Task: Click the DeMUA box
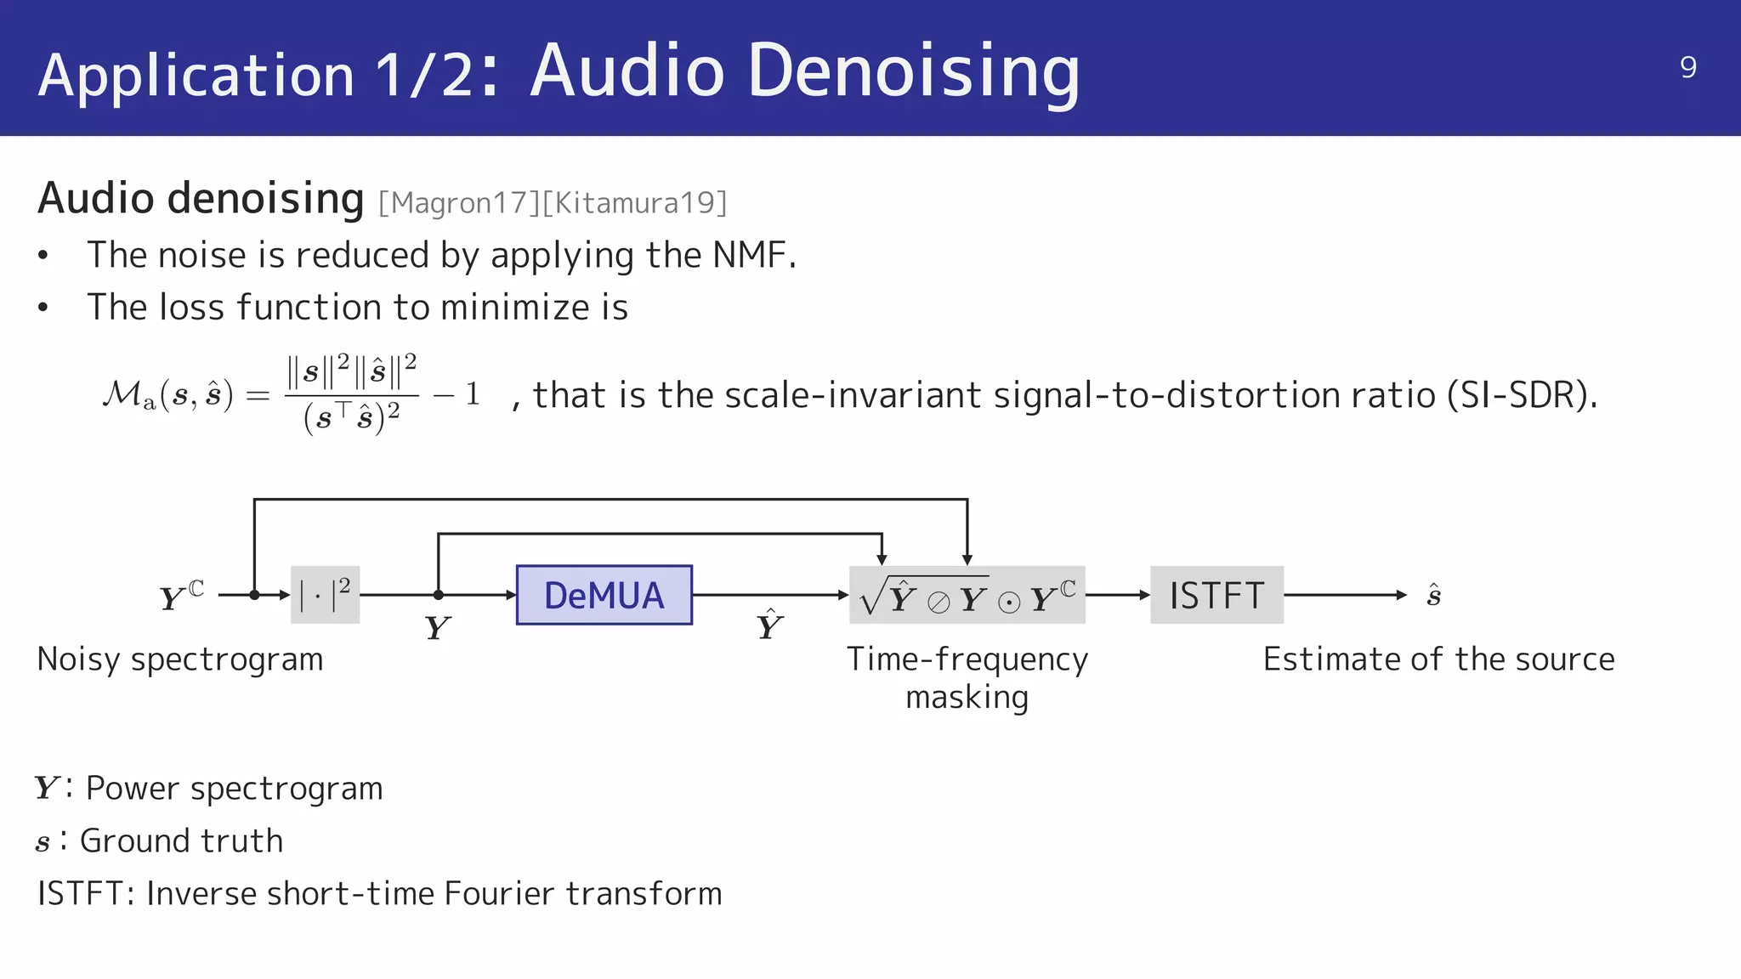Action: [x=604, y=595]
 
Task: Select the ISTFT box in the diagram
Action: [x=1216, y=595]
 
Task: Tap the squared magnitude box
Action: [x=325, y=595]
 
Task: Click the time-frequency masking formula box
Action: [x=967, y=596]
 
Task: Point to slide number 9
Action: [x=1688, y=67]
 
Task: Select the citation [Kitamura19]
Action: [x=634, y=203]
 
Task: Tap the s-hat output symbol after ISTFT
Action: [x=1433, y=595]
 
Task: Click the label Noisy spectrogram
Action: [x=180, y=659]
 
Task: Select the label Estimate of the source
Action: [x=1438, y=659]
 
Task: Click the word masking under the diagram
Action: [x=967, y=698]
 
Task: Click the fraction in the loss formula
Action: [x=351, y=394]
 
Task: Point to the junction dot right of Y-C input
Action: [x=254, y=595]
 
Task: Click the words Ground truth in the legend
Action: [x=181, y=841]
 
